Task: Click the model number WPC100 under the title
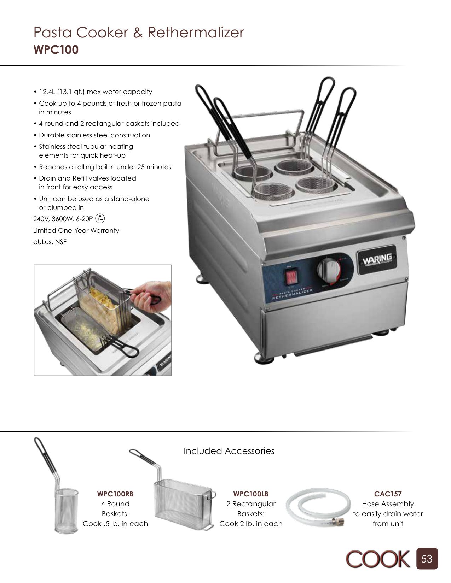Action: [x=56, y=49]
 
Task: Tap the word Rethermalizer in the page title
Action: [x=196, y=33]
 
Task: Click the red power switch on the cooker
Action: [x=291, y=276]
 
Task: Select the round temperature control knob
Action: [x=328, y=269]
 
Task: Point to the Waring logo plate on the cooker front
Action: [x=377, y=260]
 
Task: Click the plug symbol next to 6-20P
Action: [x=100, y=219]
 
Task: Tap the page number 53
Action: [x=427, y=559]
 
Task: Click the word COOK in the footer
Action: [x=378, y=559]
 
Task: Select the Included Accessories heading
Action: [x=229, y=451]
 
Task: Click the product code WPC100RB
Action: [x=115, y=494]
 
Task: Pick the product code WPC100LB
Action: [x=251, y=494]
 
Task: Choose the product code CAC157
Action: [x=388, y=494]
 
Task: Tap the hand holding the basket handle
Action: [x=151, y=295]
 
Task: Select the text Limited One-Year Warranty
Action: [x=76, y=230]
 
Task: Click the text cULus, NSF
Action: [x=50, y=242]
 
